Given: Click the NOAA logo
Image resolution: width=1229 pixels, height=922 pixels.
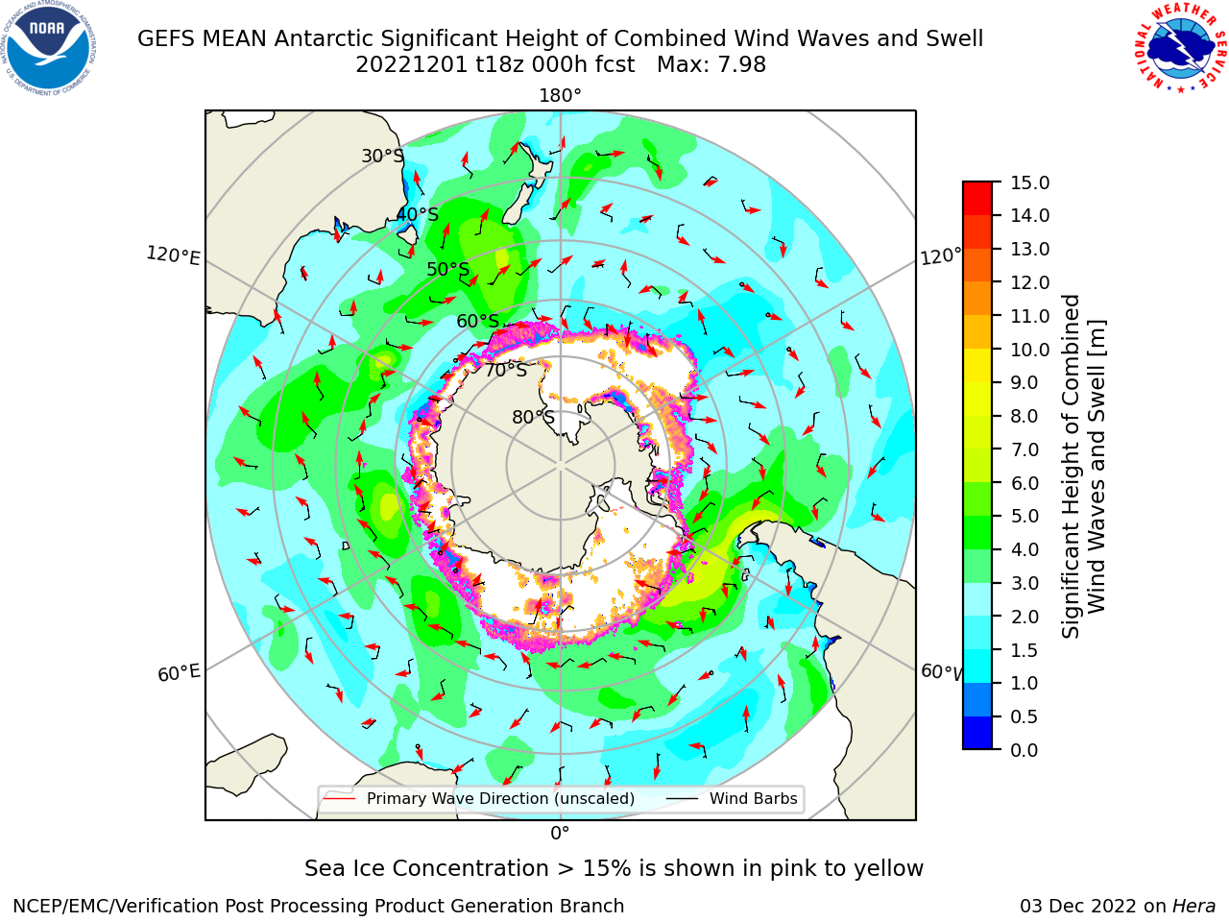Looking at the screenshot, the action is (x=49, y=48).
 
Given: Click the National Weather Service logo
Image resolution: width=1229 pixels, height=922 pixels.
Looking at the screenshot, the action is (x=1179, y=47).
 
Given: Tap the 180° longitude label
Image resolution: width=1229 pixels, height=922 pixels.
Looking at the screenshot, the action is (x=560, y=96).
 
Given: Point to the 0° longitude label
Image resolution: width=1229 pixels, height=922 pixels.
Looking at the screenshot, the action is (x=560, y=834).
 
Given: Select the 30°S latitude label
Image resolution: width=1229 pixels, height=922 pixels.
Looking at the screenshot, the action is (x=383, y=156).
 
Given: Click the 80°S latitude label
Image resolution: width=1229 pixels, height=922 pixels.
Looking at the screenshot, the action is (x=533, y=417).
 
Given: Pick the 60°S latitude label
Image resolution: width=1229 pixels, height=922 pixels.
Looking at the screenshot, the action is (x=477, y=321).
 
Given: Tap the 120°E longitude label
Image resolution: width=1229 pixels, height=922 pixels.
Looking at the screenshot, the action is (x=173, y=255).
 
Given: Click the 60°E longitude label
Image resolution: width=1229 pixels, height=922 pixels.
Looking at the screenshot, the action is (x=179, y=673).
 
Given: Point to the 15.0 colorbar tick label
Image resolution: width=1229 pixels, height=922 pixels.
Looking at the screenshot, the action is (x=1029, y=182).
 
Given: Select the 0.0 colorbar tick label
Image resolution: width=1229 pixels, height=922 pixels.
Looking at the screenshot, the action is (x=1024, y=750).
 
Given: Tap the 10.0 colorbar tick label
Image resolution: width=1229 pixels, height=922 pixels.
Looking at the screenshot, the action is (x=1029, y=350).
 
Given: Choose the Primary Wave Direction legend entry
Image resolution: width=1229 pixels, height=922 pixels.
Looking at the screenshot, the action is (x=480, y=798).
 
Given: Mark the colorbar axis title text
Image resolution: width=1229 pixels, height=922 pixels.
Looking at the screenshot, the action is (x=1083, y=467).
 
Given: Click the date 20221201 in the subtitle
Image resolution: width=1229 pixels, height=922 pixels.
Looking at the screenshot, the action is (x=411, y=65).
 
